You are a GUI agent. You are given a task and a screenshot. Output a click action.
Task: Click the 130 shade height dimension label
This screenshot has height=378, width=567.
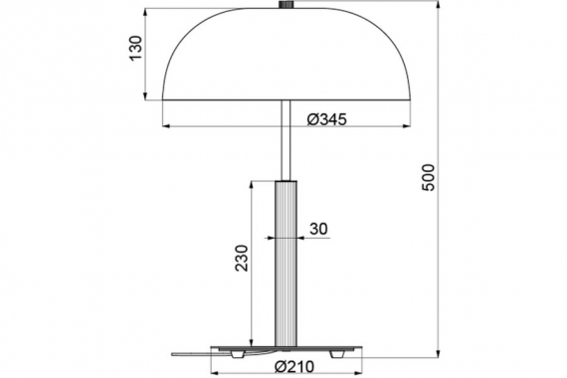136,48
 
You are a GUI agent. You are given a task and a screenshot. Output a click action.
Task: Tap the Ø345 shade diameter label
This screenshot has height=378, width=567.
327,119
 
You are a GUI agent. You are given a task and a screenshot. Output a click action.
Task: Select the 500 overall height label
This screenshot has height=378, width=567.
428,177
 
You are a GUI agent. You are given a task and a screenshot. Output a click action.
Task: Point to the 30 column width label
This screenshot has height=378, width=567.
318,229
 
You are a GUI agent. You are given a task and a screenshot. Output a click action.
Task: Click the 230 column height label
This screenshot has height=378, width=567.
242,258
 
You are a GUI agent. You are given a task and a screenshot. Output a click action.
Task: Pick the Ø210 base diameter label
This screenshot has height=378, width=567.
294,367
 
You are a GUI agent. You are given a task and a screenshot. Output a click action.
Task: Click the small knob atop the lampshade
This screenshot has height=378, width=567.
286,5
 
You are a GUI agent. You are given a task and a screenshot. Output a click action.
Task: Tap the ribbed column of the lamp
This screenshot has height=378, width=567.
286,264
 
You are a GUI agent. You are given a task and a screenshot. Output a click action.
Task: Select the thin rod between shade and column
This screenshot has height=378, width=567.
286,140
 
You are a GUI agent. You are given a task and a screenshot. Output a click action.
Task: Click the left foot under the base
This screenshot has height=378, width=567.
238,354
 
